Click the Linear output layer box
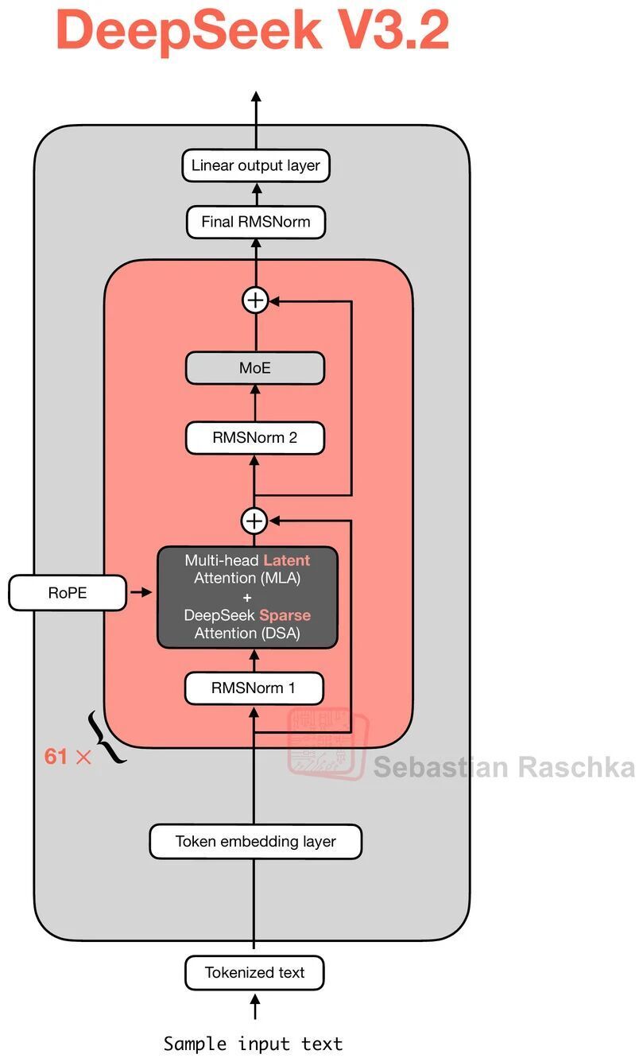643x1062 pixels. (x=256, y=165)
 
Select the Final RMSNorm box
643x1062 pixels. (x=256, y=222)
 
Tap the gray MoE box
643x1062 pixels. (x=255, y=368)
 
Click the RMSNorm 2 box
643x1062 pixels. (x=255, y=438)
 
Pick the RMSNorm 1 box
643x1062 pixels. (x=254, y=688)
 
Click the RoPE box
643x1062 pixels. (x=68, y=593)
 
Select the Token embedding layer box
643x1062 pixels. (x=256, y=842)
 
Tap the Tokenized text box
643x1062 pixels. (x=254, y=973)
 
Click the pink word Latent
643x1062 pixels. (x=286, y=560)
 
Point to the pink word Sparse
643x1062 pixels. (x=285, y=615)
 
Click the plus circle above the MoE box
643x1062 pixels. (x=256, y=300)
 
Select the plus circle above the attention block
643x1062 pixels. (x=254, y=521)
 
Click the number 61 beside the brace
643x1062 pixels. (x=56, y=756)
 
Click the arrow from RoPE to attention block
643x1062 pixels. (x=141, y=592)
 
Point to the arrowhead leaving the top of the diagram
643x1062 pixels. (x=256, y=96)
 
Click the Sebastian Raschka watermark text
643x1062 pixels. (x=504, y=767)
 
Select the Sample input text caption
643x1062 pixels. (x=253, y=1044)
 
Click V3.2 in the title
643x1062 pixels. (x=394, y=29)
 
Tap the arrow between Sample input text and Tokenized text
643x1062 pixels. (x=255, y=1006)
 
